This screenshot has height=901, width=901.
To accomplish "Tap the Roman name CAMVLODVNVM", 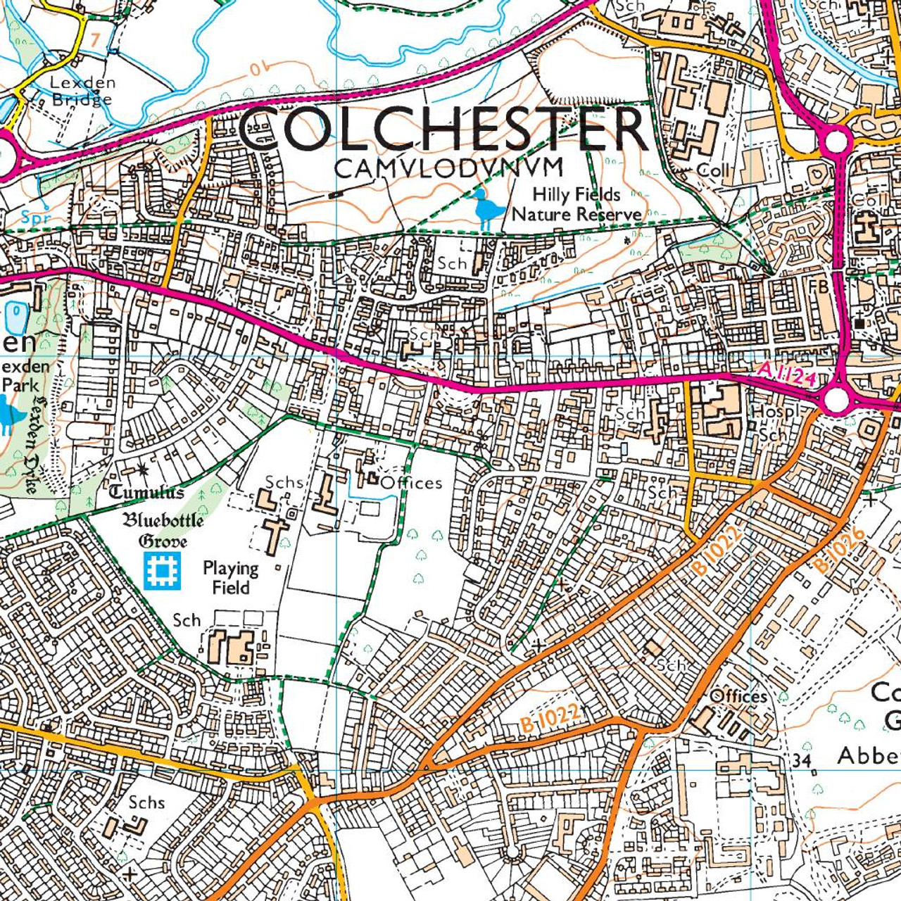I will pos(449,168).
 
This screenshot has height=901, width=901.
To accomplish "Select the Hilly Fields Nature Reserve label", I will pos(576,204).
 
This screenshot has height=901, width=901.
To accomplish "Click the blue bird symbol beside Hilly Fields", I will pos(486,208).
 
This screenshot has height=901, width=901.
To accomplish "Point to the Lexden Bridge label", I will pos(82,91).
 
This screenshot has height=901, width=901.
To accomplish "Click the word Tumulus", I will pos(146,492).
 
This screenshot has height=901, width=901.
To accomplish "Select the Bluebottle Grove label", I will pos(163,530).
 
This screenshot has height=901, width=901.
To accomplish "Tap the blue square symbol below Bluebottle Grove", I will pos(163,570).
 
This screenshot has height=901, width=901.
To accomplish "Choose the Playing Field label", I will pos(230,577).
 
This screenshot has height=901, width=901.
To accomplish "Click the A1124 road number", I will pos(787,374).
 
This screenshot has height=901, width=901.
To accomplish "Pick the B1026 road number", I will pos(839,551).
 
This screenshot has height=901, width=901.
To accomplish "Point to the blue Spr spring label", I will pos(35,218).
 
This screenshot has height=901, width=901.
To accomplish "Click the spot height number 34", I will pos(801,761).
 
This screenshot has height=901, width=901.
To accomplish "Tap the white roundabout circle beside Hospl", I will pos(836,401).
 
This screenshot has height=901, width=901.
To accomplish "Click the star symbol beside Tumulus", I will pos(144,467).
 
